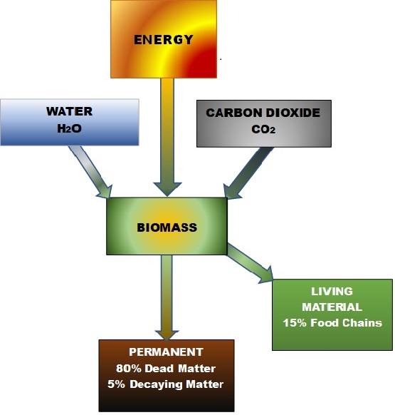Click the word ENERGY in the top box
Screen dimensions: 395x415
coord(163,40)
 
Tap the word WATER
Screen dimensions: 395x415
coord(70,111)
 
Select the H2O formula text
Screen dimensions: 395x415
coord(69,128)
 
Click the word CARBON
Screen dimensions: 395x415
coord(233,113)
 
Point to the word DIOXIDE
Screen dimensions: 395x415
coord(293,113)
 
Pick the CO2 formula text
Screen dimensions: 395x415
coord(263,130)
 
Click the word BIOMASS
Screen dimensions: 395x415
coord(167,227)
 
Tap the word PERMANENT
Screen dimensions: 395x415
coord(166,352)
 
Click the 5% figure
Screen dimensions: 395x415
coord(116,384)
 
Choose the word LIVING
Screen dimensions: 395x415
coord(332,292)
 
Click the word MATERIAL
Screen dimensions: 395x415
coord(332,307)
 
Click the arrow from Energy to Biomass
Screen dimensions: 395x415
coord(167,137)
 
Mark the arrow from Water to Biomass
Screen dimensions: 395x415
coord(90,172)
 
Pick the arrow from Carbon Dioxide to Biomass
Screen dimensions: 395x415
coord(248,173)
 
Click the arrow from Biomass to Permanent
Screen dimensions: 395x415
coord(167,297)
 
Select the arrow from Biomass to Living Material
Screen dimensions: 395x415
coord(250,263)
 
